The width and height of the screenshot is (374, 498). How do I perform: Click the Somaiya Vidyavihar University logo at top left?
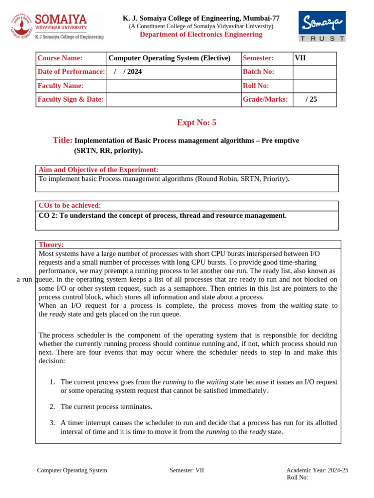57,26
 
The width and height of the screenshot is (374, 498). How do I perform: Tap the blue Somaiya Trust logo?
322,26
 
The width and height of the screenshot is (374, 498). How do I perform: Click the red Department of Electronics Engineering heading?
201,35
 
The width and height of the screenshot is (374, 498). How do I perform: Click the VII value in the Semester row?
314,58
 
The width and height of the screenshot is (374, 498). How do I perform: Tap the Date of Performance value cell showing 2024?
173,72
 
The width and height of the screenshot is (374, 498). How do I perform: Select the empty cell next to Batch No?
314,72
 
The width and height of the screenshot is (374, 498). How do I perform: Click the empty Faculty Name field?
173,86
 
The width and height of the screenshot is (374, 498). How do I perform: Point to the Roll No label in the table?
256,86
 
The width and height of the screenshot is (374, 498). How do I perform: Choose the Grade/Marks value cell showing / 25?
314,99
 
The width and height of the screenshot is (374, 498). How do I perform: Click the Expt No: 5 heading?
196,123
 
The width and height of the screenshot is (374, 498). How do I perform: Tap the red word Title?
62,140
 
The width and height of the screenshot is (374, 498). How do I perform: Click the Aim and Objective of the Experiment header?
98,170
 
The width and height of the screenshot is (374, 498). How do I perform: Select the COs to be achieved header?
70,206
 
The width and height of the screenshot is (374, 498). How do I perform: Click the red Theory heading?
51,245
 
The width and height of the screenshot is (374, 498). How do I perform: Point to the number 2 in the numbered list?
52,407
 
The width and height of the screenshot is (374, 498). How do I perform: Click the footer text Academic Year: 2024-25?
317,470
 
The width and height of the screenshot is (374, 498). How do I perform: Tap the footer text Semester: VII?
187,470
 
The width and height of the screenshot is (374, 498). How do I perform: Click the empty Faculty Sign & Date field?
173,99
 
